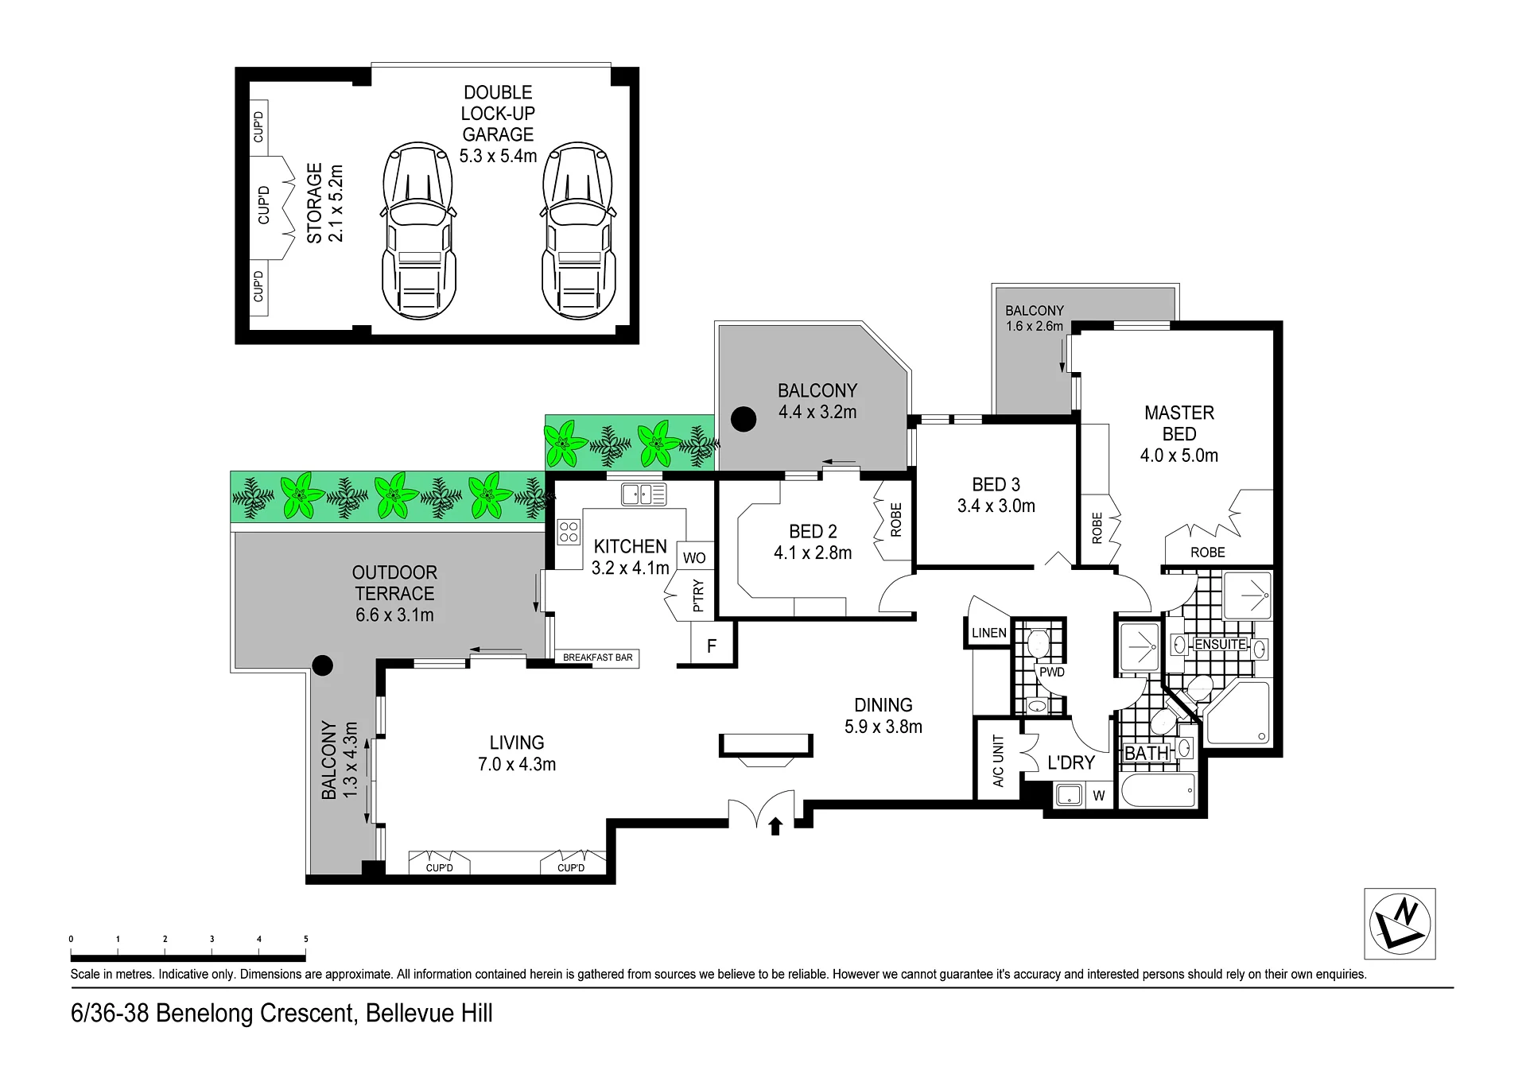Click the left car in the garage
pos(419,231)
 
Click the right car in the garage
pos(578,231)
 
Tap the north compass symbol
pos(1400,924)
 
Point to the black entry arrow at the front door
pos(775,826)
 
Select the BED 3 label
pos(996,484)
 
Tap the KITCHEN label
pos(630,546)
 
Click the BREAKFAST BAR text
pos(598,657)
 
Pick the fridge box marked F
pos(712,645)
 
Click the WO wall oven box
pos(694,556)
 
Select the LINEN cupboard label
pos(989,633)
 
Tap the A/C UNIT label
pos(999,761)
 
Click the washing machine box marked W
pos(1098,795)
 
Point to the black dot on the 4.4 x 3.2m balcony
pos(744,419)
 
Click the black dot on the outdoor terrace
pos(322,665)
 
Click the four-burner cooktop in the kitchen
pos(569,531)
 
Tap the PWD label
pos(1051,672)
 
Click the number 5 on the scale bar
pos(306,939)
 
